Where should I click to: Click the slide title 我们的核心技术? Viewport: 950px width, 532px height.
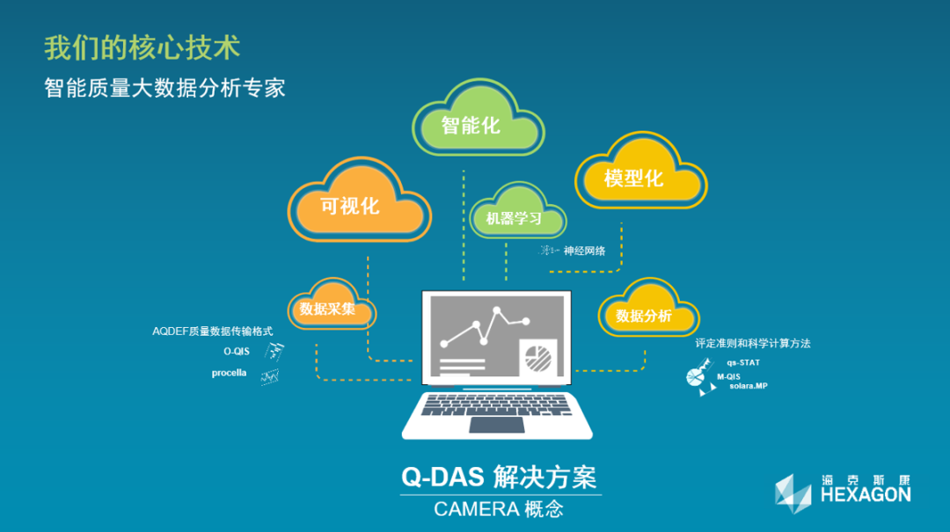(142, 47)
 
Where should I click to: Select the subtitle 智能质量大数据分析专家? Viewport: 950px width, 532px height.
(164, 88)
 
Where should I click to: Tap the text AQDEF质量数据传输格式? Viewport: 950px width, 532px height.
(212, 332)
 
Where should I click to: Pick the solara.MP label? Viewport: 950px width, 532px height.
(749, 386)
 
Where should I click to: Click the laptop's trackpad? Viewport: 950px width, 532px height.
(497, 426)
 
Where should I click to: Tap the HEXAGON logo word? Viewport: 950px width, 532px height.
(866, 494)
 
